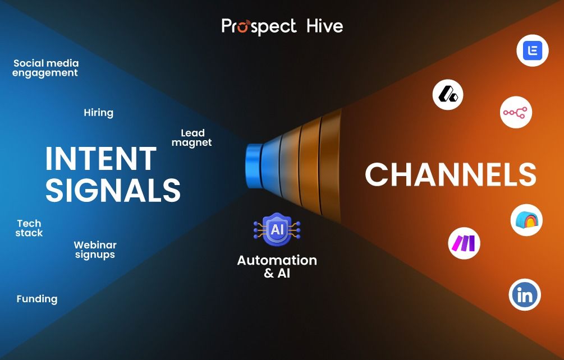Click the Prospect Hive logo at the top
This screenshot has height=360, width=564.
(282, 26)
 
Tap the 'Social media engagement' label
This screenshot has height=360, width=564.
(45, 68)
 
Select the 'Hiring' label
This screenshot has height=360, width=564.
(99, 113)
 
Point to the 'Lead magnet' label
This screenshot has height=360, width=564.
(192, 138)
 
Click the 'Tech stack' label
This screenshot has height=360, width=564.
(29, 228)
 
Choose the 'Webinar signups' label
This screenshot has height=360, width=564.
(95, 250)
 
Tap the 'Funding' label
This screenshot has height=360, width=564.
(37, 299)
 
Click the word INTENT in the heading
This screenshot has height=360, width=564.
(100, 159)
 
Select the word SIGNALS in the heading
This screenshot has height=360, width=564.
(113, 190)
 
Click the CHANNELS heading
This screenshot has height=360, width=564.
(451, 174)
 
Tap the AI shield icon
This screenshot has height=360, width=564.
(277, 229)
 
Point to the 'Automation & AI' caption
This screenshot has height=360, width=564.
(277, 266)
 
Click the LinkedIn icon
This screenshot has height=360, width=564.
(525, 294)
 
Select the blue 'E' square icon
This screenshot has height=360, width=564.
(533, 50)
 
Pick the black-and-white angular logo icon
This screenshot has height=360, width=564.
(448, 95)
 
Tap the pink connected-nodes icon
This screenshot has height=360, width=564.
(516, 112)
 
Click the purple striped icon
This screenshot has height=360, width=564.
(464, 243)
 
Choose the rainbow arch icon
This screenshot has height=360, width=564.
(526, 220)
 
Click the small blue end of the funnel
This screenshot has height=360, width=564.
(254, 166)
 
